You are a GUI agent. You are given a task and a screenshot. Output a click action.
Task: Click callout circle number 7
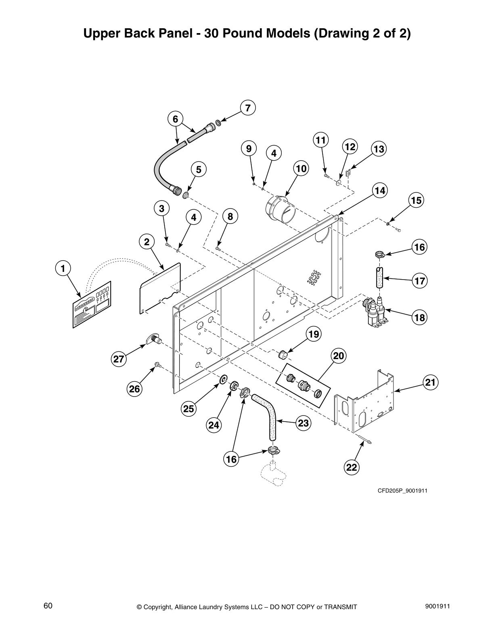click(248, 108)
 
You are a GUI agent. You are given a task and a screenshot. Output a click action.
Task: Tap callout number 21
click(431, 382)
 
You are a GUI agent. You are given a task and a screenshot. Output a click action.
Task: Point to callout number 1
click(63, 268)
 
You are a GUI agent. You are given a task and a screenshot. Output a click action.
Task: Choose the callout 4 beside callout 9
click(274, 153)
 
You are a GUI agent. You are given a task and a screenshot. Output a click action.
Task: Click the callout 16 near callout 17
click(420, 247)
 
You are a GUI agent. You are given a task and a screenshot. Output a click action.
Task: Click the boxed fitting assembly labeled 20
click(303, 385)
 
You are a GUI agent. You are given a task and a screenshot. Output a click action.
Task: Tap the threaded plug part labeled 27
click(152, 340)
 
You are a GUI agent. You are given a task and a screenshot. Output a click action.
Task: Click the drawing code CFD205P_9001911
click(402, 491)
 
